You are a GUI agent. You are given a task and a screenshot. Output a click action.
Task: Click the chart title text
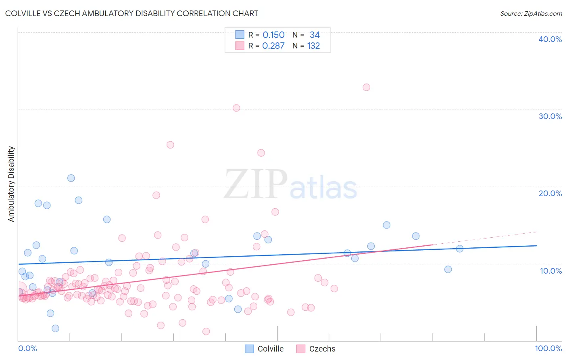(131, 13)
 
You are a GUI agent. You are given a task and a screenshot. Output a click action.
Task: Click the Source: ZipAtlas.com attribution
(531, 13)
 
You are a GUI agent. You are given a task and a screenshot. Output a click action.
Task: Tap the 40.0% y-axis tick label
(550, 39)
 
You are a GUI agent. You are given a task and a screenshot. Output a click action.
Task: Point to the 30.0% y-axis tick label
(550, 116)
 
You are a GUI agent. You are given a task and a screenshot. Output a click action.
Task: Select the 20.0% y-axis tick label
(550, 193)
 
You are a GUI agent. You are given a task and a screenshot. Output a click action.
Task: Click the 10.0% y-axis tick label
(551, 270)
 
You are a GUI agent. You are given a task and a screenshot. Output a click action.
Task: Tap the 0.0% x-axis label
(27, 348)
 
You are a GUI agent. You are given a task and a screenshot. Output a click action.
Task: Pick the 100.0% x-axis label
(548, 348)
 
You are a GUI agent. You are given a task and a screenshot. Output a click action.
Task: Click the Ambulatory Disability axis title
(11, 184)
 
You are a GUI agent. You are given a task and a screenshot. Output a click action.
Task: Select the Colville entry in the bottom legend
(270, 349)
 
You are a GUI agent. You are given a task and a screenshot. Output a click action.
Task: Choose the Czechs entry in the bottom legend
(322, 349)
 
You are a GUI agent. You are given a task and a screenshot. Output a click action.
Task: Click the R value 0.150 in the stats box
(273, 35)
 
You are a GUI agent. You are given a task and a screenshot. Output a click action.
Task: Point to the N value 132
(313, 46)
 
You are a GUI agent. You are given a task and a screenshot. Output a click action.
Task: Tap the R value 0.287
(273, 46)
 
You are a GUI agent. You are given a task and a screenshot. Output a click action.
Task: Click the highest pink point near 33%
(366, 87)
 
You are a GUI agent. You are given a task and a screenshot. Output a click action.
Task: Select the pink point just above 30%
(236, 108)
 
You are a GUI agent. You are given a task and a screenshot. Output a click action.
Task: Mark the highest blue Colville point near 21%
(71, 178)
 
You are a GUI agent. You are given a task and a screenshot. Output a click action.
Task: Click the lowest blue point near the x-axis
(55, 329)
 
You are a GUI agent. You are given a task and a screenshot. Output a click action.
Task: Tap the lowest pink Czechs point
(206, 331)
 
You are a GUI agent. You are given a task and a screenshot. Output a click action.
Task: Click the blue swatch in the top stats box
(240, 35)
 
